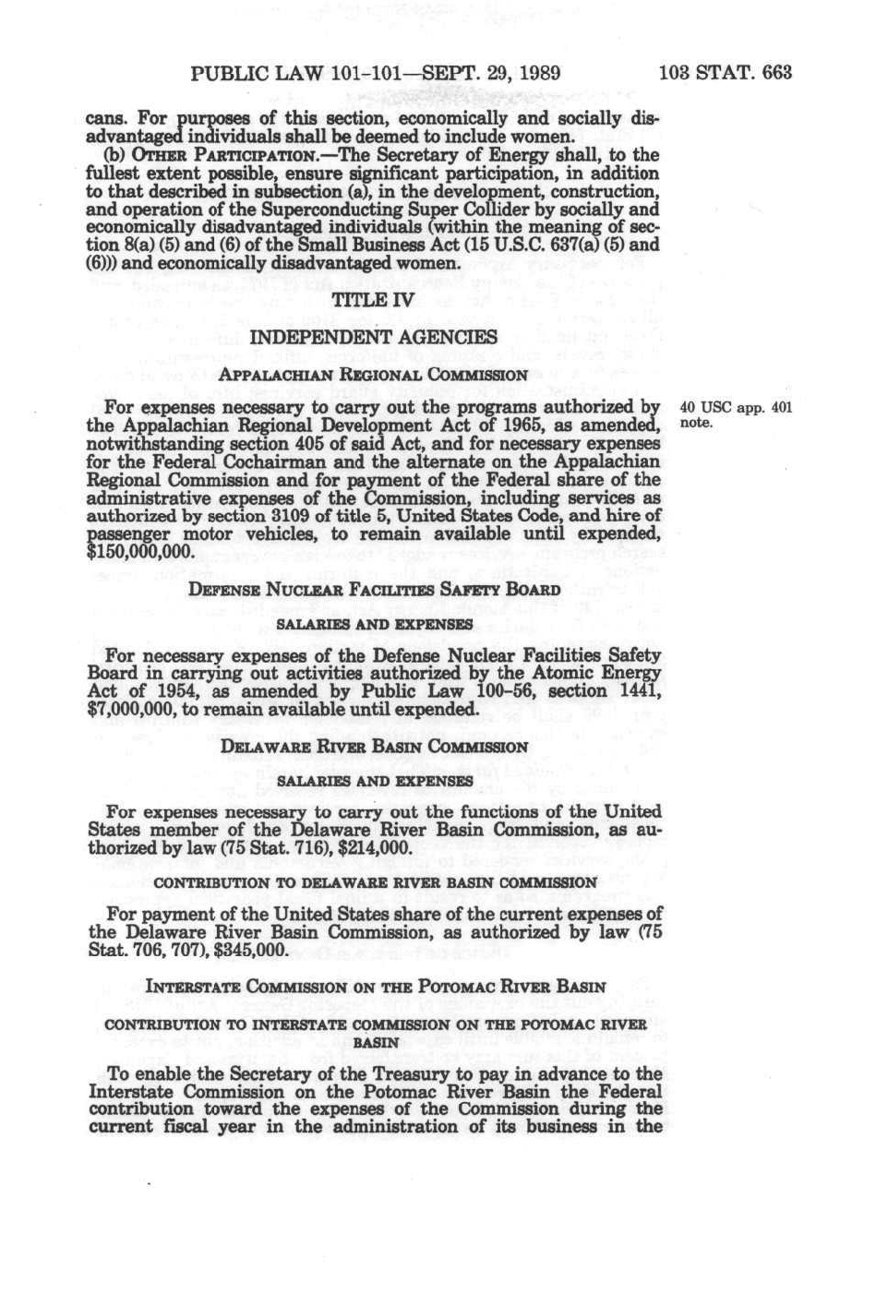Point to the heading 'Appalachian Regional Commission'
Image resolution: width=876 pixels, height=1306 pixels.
(x=373, y=375)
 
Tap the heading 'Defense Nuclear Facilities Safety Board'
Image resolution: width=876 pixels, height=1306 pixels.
(x=374, y=590)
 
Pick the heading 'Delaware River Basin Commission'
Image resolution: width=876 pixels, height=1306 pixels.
(x=374, y=747)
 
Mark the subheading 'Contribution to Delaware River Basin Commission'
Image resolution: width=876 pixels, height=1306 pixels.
(x=375, y=882)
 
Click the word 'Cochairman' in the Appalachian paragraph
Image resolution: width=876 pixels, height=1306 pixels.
(x=338, y=461)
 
